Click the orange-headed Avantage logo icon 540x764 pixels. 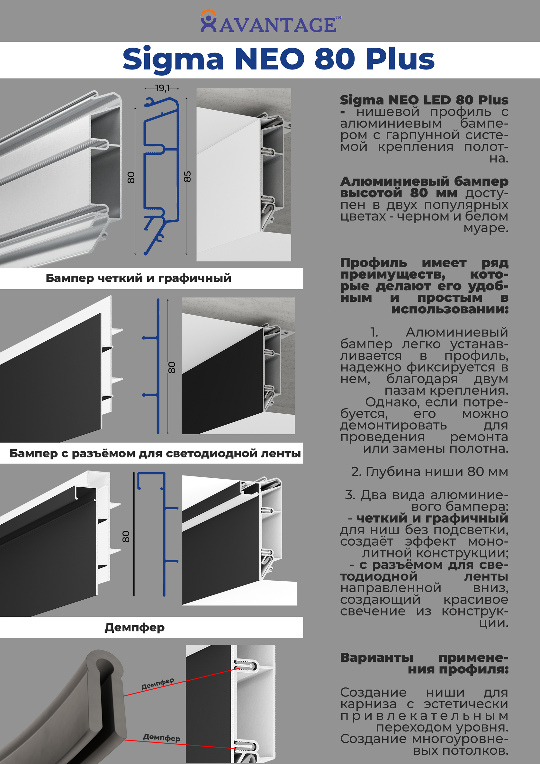point(208,21)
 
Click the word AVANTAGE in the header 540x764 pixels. point(278,25)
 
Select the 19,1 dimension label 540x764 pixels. point(162,88)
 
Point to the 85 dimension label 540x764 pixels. point(187,176)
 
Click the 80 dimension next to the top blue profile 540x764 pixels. point(131,177)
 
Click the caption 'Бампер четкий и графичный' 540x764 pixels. point(138,278)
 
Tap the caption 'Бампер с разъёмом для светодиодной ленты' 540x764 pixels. point(155,453)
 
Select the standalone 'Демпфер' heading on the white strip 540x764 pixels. point(134,628)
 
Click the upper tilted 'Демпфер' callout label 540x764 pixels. point(157,684)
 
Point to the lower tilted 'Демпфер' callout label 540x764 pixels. point(162,738)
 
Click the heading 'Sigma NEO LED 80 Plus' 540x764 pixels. point(424,100)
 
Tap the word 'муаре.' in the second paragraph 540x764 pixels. point(486,228)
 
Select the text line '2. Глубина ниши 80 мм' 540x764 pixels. point(429,472)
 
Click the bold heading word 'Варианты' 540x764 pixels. point(376,658)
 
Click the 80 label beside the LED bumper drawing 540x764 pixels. point(126,536)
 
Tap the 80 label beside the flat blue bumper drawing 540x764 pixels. point(172,367)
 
